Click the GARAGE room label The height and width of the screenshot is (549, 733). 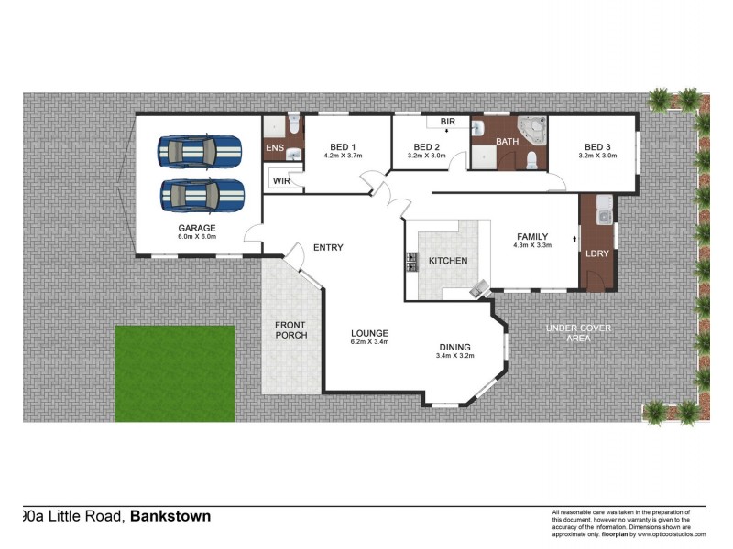pos(197,228)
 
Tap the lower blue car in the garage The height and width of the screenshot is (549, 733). pos(202,193)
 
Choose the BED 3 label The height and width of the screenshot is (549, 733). pos(597,147)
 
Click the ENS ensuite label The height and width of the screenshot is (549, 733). pos(274,148)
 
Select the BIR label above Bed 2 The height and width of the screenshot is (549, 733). pos(447,122)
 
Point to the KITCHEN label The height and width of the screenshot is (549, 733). pos(448,261)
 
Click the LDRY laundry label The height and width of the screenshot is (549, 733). pos(598,253)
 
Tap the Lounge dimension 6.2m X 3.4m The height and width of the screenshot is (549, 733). pos(369,342)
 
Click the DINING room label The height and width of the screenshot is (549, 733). pos(454,347)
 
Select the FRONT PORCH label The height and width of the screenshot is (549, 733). pos(291,329)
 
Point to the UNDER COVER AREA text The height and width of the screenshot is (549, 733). pos(578,333)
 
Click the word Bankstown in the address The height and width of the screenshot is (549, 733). pos(170,516)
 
